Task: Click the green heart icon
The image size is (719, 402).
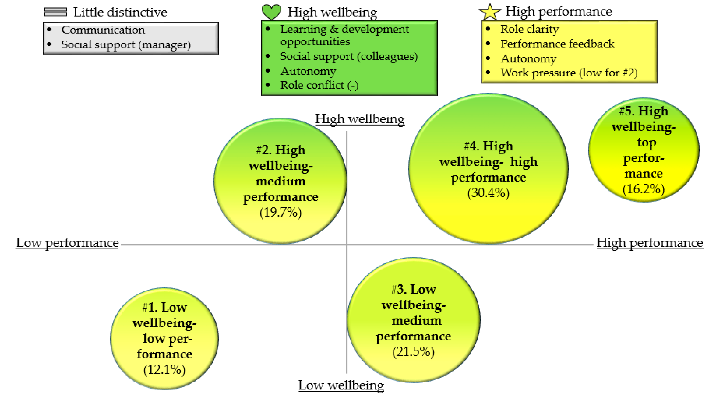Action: pyautogui.click(x=271, y=12)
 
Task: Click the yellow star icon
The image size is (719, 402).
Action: pyautogui.click(x=490, y=12)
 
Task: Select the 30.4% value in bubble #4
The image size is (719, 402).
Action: pyautogui.click(x=488, y=193)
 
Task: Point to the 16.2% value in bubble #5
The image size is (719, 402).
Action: pyautogui.click(x=643, y=189)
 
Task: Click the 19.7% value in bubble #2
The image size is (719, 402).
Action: pyautogui.click(x=281, y=213)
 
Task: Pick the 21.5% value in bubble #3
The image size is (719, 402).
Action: pyautogui.click(x=413, y=352)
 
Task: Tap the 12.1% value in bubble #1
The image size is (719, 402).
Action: pyautogui.click(x=164, y=370)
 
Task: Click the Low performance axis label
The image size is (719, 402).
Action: pyautogui.click(x=67, y=243)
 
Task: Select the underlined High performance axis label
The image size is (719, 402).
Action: pyautogui.click(x=649, y=243)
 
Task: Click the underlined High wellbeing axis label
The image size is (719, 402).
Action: pyautogui.click(x=360, y=119)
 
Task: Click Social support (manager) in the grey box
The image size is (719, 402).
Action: pyautogui.click(x=126, y=45)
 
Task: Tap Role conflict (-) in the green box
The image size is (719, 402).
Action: pyautogui.click(x=319, y=85)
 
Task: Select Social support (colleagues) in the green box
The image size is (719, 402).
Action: pyautogui.click(x=349, y=56)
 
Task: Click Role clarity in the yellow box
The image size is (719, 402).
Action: pyautogui.click(x=530, y=29)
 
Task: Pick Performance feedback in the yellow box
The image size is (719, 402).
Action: pyautogui.click(x=557, y=44)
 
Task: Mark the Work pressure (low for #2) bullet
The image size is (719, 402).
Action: pyautogui.click(x=569, y=73)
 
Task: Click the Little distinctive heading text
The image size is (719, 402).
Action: pyautogui.click(x=120, y=12)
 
